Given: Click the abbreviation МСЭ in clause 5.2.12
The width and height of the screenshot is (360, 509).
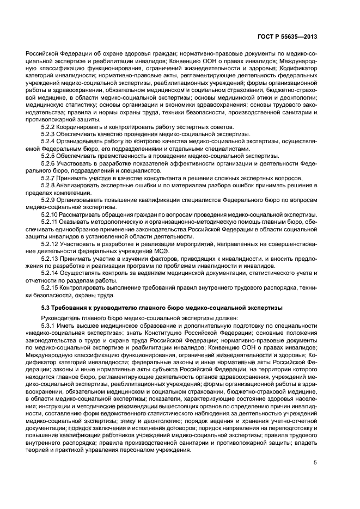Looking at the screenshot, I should (161, 252).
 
